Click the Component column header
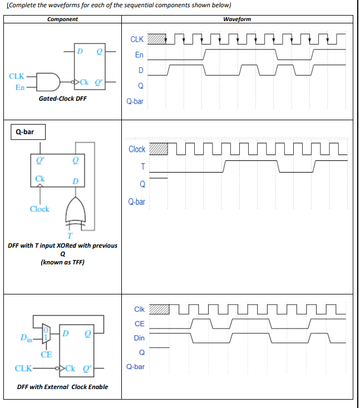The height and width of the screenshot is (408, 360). pos(62,19)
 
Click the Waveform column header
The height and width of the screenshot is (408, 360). pos(236,19)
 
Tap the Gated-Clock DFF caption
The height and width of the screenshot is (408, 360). pos(62,99)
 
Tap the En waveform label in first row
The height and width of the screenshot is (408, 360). pos(139,55)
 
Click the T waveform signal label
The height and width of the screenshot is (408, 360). pos(142,166)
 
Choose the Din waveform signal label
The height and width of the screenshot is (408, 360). pos(139,338)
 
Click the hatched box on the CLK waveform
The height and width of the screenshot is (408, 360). pos(159,39)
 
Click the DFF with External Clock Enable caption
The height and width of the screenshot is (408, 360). pos(62,387)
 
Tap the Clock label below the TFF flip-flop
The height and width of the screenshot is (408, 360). pos(40,209)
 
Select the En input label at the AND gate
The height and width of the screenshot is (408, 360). pos(20,87)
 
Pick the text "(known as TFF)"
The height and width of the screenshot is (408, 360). pos(62,262)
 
